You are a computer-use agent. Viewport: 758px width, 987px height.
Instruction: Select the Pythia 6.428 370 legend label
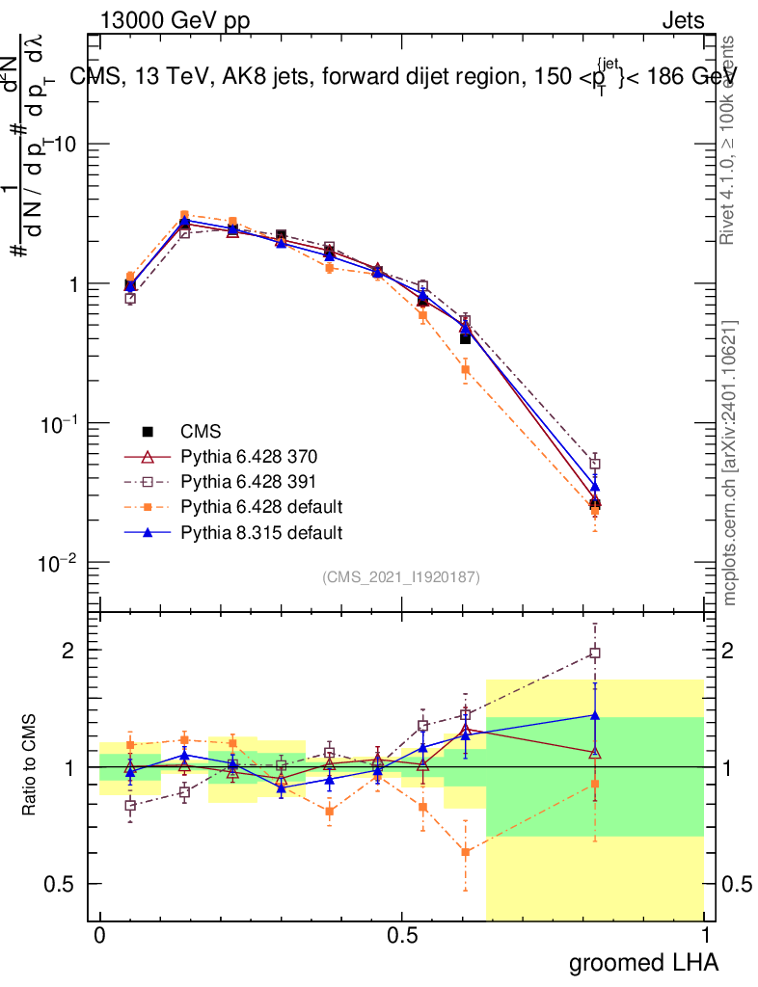click(x=248, y=456)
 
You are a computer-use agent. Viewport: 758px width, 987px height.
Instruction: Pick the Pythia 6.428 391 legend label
click(x=248, y=481)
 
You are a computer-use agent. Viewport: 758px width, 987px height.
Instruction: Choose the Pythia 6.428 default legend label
click(x=261, y=506)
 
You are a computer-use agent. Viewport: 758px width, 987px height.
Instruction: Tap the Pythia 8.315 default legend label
click(x=261, y=531)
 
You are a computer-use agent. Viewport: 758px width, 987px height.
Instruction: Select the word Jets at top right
click(x=682, y=20)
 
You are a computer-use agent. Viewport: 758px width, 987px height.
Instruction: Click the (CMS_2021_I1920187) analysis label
click(x=401, y=577)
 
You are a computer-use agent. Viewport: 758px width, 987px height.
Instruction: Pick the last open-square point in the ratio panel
click(x=595, y=654)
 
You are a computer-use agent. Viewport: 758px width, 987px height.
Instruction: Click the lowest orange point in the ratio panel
click(x=466, y=852)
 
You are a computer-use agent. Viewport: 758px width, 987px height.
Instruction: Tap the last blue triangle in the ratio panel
click(x=595, y=715)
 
